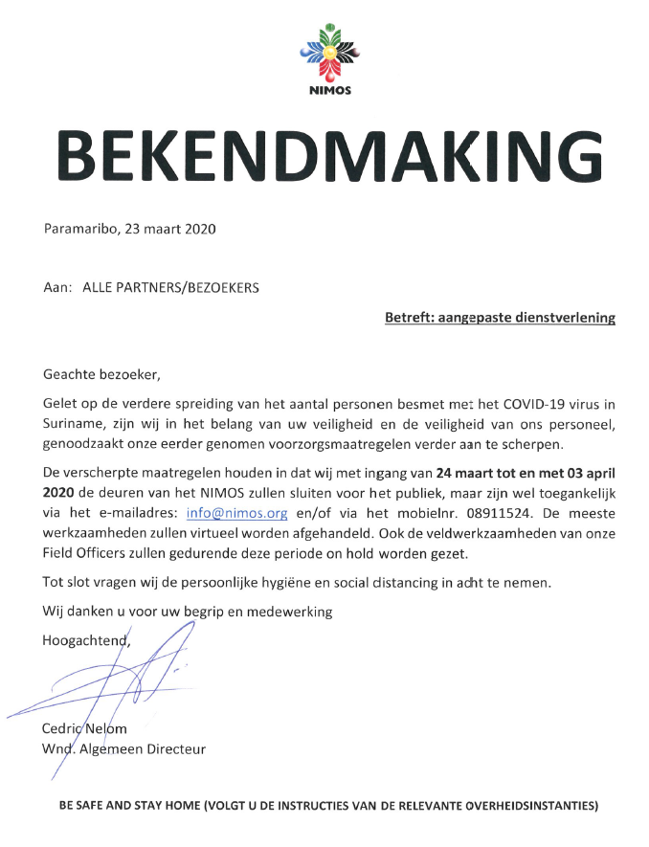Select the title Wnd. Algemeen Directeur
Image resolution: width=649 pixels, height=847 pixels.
[x=124, y=748]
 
